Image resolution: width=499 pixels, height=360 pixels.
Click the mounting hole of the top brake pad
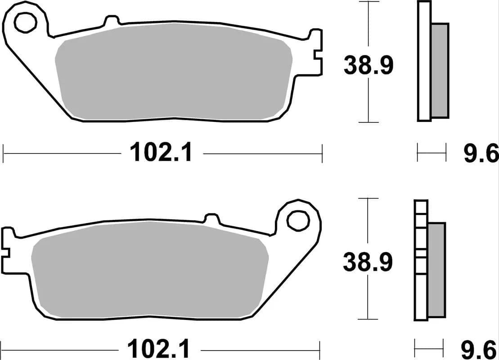(25, 23)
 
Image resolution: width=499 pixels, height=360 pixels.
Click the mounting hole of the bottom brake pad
(297, 220)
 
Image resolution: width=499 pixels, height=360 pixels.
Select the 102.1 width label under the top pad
(162, 153)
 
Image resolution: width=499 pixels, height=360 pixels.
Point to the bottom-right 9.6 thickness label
(480, 349)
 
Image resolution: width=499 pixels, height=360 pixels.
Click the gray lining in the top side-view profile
(441, 70)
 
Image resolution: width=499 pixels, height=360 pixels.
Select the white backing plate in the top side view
(424, 61)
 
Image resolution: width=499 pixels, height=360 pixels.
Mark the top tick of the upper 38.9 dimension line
(369, 2)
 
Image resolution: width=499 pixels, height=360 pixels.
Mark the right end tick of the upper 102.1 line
(322, 153)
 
